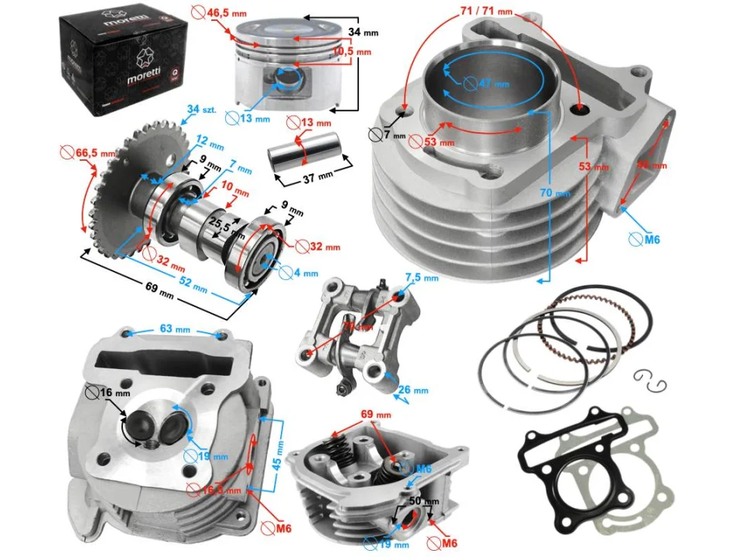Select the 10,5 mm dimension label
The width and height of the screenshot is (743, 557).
[x=351, y=52]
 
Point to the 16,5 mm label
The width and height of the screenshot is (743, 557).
[x=219, y=489]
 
